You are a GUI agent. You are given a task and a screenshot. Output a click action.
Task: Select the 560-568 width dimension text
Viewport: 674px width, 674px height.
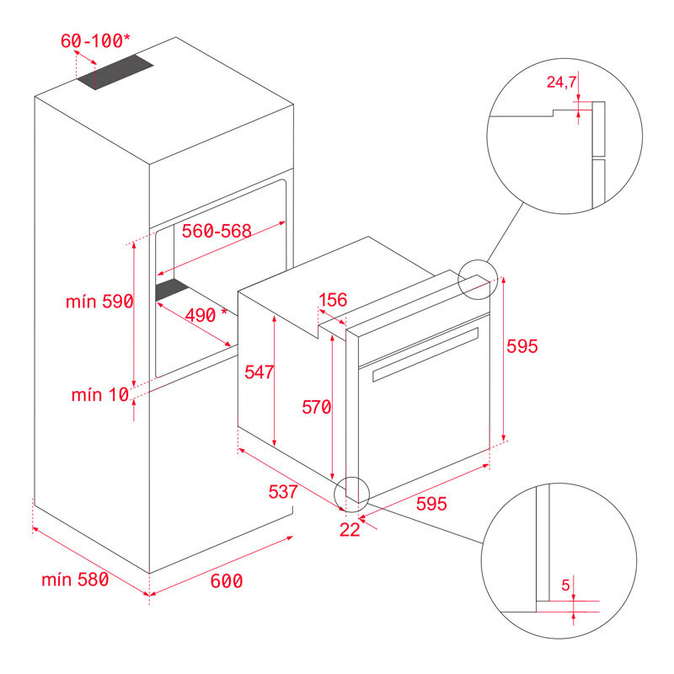[x=217, y=232]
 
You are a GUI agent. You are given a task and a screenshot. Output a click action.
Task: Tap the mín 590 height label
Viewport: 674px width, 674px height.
[x=99, y=302]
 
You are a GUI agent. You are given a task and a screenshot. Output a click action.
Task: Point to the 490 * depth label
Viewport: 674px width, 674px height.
[x=206, y=316]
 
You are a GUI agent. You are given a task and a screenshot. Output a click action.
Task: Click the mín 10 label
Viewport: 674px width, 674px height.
[x=99, y=394]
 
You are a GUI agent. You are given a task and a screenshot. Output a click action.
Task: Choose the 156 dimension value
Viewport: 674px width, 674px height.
[x=333, y=300]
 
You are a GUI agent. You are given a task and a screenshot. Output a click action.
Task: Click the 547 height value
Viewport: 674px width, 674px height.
[x=259, y=372]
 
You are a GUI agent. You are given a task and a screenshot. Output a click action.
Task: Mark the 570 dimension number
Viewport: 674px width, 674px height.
[x=317, y=408]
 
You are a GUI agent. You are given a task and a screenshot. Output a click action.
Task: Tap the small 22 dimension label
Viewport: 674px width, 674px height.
[x=350, y=529]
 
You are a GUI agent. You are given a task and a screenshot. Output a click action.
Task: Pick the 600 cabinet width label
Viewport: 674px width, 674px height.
[x=226, y=580]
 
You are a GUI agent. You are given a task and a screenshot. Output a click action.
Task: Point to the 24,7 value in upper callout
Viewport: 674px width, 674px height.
[x=562, y=82]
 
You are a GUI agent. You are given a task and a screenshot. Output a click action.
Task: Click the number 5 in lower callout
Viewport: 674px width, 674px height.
[x=565, y=583]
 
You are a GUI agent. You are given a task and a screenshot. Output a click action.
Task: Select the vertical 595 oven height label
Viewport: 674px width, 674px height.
[x=522, y=346]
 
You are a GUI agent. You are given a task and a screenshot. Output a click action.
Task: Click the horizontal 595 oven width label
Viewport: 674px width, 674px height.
[x=431, y=504]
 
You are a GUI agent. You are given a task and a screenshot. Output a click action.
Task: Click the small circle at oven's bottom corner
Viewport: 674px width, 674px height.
[x=352, y=495]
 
